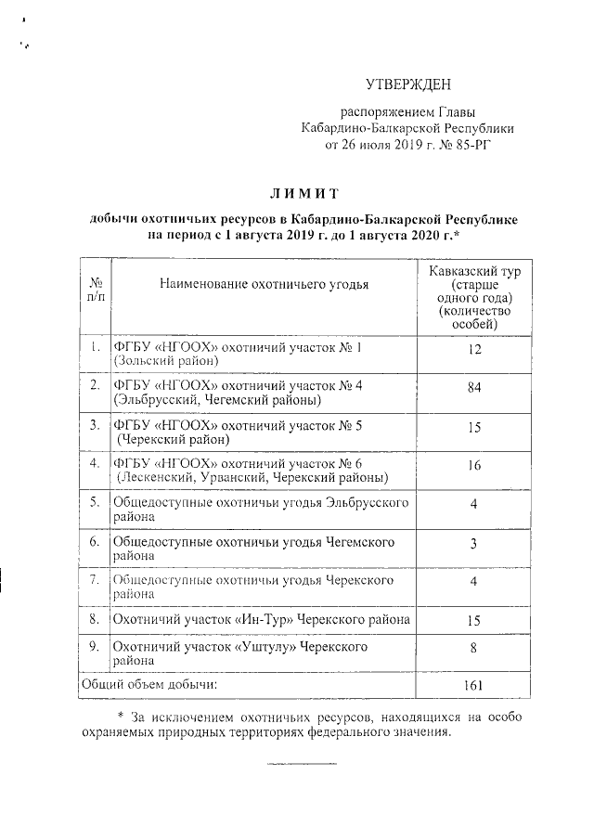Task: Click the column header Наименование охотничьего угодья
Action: point(264,284)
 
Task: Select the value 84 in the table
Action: point(473,387)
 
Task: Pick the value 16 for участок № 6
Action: point(473,466)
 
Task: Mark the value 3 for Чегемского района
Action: point(473,544)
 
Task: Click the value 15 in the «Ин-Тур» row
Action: point(473,618)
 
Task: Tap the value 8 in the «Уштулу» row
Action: point(473,651)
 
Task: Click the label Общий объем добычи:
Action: point(149,685)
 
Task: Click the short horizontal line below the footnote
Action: point(302,763)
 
